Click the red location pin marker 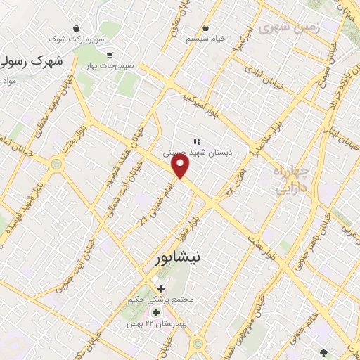[181, 165]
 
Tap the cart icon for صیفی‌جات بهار [109, 54]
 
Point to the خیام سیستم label [206, 39]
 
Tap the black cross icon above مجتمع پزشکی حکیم [161, 288]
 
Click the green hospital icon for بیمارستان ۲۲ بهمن [156, 311]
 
